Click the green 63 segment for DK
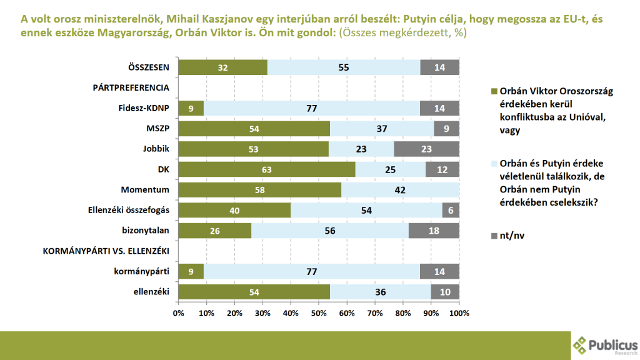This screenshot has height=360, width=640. [x=266, y=169]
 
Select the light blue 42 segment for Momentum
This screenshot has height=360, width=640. [x=400, y=190]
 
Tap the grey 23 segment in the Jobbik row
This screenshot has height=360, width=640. [x=427, y=149]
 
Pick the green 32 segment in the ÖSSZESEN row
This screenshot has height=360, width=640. [x=222, y=67]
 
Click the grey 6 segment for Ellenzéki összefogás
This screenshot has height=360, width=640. [x=451, y=210]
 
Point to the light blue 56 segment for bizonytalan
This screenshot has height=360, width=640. [x=330, y=231]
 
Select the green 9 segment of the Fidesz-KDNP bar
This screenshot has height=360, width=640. [x=191, y=108]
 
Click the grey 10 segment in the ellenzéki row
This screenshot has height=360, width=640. [x=445, y=292]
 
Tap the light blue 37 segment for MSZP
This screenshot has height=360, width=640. [x=381, y=129]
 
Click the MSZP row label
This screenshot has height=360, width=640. [x=158, y=129]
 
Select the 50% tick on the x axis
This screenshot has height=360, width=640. [x=319, y=312]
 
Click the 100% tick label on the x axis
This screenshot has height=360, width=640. [x=459, y=312]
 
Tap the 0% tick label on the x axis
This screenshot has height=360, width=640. [x=178, y=312]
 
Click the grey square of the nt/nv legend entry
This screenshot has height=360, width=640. [x=494, y=236]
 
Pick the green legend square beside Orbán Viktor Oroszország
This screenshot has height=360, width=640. [x=494, y=91]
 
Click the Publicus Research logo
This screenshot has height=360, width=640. [x=605, y=344]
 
